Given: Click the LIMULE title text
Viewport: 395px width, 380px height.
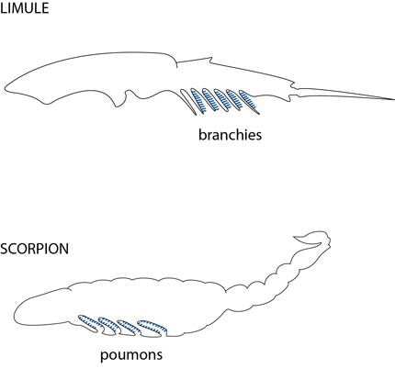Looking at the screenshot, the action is (x=25, y=8).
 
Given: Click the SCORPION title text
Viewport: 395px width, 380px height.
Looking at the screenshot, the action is (x=34, y=249).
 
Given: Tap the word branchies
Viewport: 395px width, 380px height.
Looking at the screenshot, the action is (x=230, y=135).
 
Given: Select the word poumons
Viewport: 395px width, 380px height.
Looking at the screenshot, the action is (x=131, y=355).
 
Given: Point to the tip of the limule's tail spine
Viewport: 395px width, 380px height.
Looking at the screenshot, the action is (x=394, y=99).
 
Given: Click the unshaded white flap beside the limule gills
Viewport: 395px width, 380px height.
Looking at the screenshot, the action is (x=188, y=102).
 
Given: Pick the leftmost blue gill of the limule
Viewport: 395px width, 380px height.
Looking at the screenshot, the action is (x=197, y=101).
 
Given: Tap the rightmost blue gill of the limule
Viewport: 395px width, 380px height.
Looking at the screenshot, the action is (x=249, y=101).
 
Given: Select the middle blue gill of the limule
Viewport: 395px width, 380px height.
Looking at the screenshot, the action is (x=221, y=99).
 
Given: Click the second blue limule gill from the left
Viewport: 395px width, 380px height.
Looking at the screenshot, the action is (x=209, y=100).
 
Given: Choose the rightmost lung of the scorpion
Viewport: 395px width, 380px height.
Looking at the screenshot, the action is (x=152, y=328).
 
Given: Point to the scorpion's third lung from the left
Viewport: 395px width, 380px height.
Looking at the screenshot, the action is (x=129, y=328).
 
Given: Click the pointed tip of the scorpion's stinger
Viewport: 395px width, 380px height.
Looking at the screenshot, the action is (x=294, y=237).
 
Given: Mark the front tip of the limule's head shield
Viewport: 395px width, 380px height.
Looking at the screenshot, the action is (x=5, y=89).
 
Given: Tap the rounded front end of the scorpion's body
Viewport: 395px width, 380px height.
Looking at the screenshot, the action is (x=15, y=315).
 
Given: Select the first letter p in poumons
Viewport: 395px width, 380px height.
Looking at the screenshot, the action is (x=105, y=356).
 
